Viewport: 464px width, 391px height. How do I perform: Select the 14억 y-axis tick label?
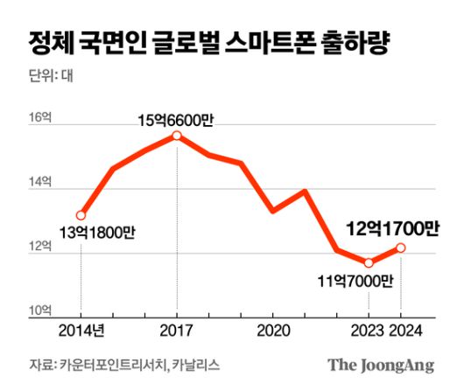click(40, 183)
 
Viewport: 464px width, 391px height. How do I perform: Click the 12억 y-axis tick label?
click(40, 247)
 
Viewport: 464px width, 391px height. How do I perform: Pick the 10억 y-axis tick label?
click(40, 310)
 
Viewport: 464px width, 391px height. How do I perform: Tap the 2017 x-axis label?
click(177, 331)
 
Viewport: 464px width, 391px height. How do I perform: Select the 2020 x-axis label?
click(273, 331)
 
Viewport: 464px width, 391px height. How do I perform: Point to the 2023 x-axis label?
click(368, 331)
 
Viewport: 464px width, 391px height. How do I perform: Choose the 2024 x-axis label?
click(404, 331)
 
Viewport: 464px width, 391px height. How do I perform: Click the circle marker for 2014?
click(81, 215)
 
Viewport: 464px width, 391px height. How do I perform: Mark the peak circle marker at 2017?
click(177, 136)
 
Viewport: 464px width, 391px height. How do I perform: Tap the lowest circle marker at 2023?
click(369, 262)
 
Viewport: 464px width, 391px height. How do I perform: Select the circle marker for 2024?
click(401, 248)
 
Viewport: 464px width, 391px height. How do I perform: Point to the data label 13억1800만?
click(99, 234)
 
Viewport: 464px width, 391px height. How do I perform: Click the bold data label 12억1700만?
click(391, 227)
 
